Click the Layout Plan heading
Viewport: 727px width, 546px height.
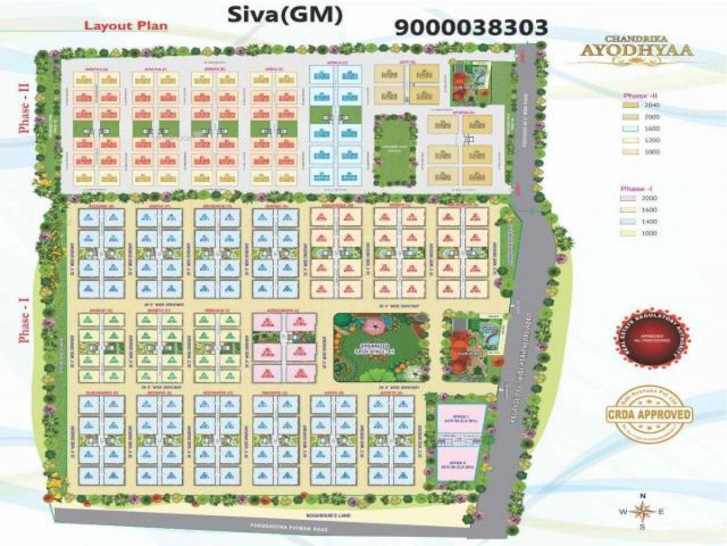(126, 26)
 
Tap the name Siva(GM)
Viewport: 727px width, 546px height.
(282, 16)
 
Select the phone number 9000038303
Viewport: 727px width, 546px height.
(471, 27)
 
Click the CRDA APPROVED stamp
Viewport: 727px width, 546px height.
(649, 415)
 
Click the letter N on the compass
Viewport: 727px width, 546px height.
(642, 496)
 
